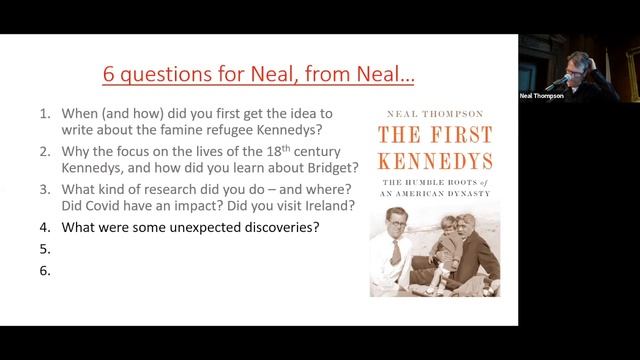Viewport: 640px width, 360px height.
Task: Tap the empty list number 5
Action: coord(45,248)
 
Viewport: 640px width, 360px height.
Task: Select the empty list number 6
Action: coord(45,269)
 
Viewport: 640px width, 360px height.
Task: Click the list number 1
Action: coord(45,113)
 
